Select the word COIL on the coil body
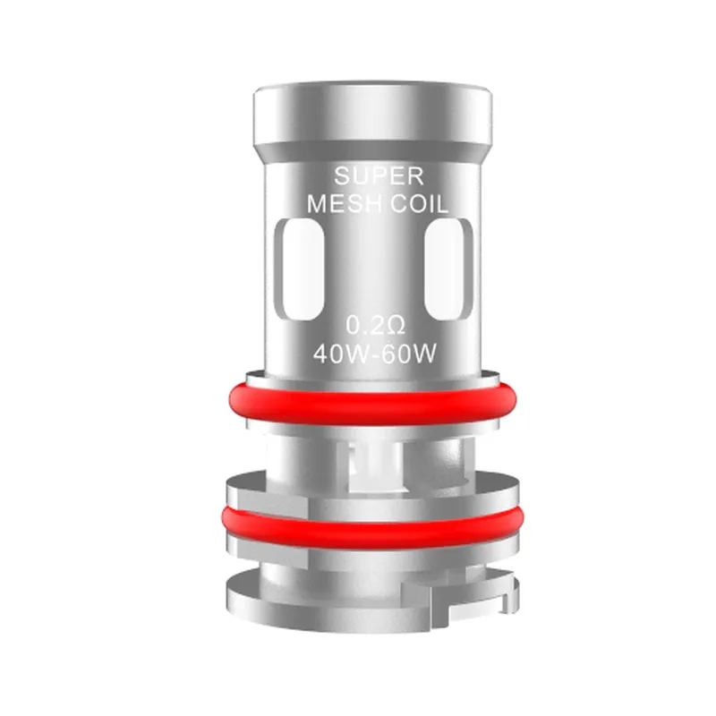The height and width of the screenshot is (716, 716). (x=418, y=204)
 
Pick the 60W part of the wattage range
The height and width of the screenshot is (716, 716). (x=413, y=352)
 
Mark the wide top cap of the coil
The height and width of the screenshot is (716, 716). (x=371, y=116)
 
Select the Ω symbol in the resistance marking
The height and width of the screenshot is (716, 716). (x=391, y=323)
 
